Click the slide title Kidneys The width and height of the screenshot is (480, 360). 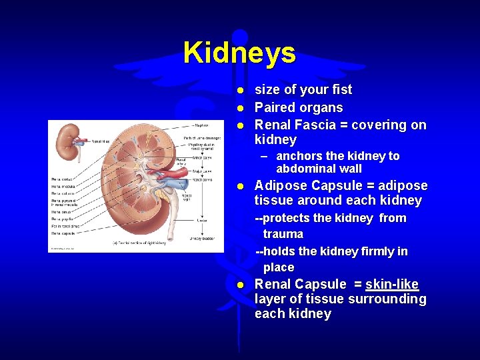[x=239, y=53]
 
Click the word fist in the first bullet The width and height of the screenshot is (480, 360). [x=340, y=90]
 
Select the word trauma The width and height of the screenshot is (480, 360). [x=283, y=234]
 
